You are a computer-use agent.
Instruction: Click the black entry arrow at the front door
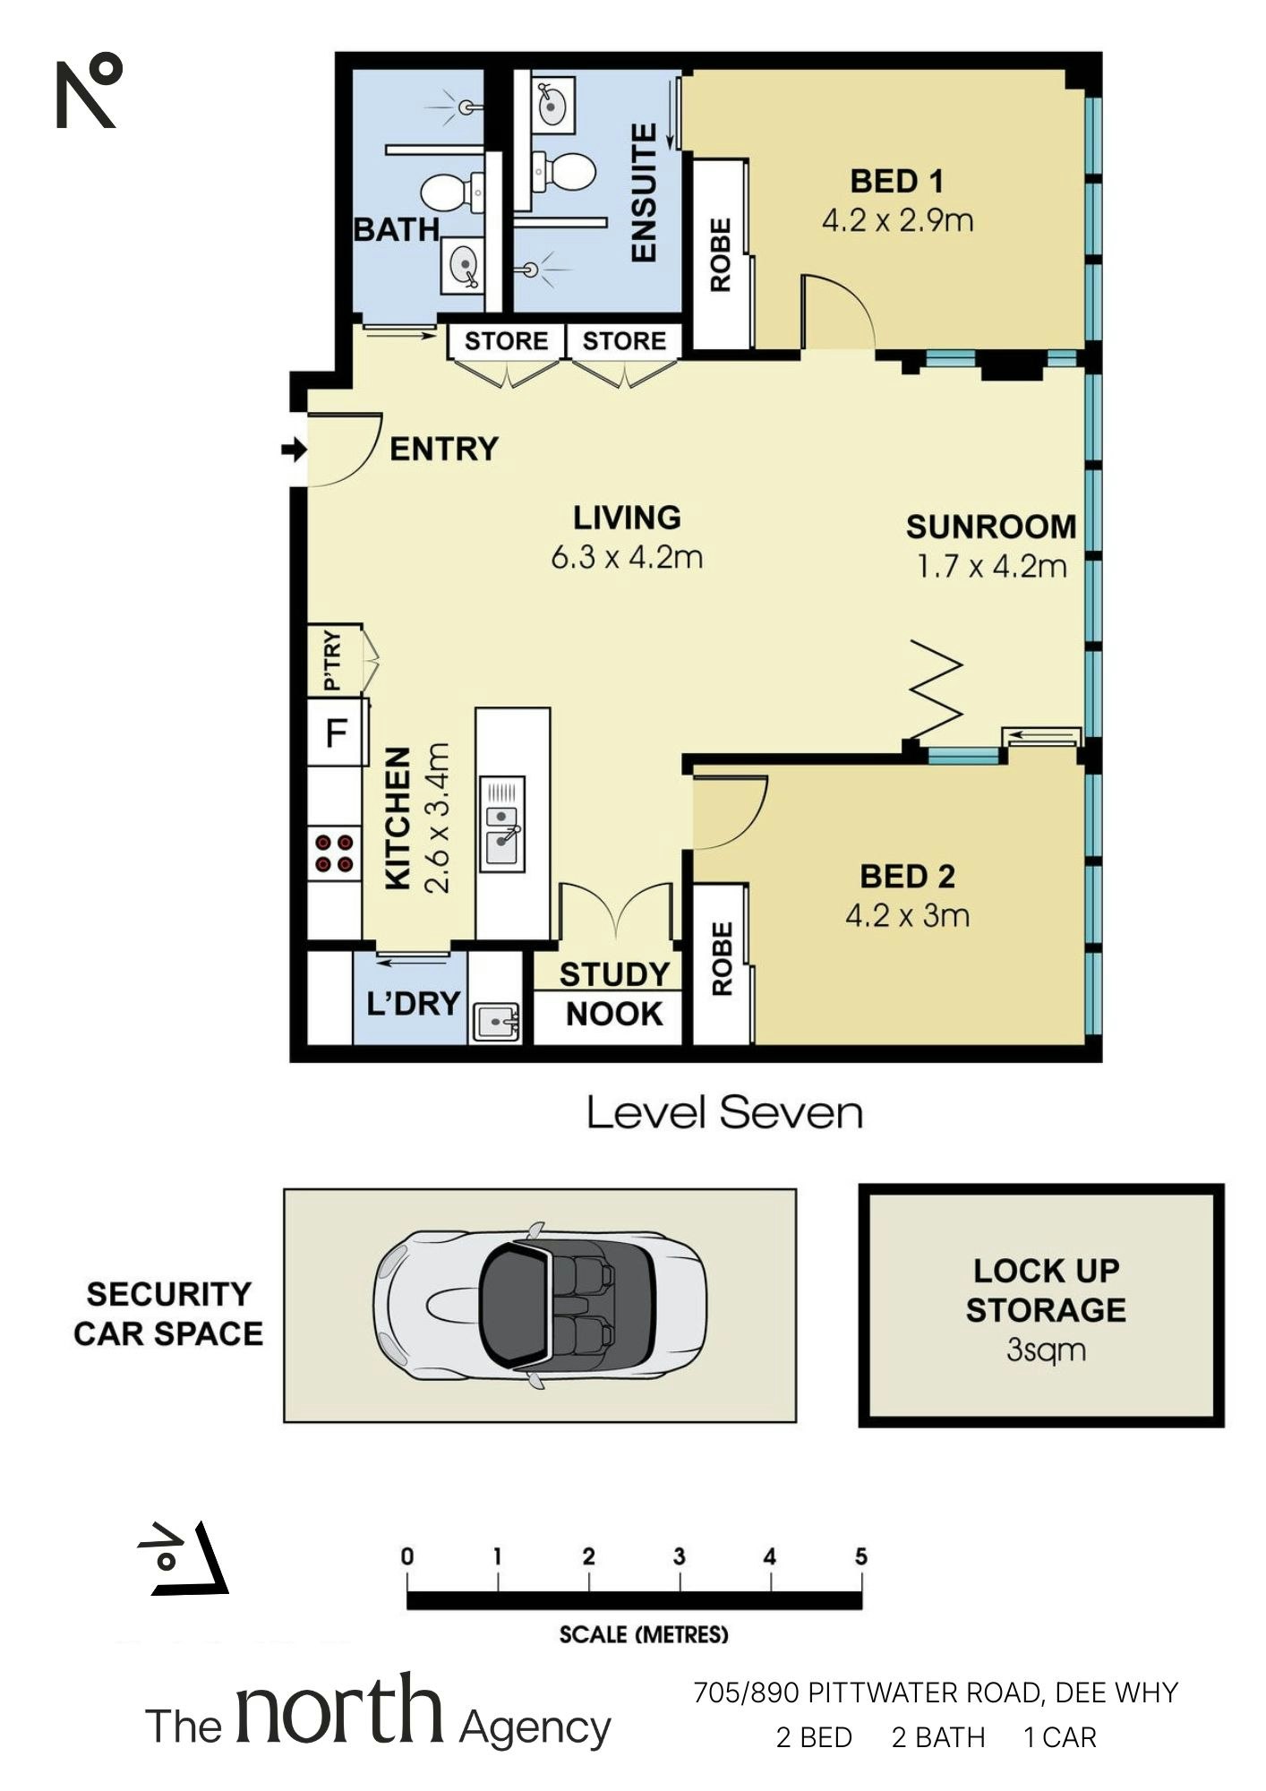pyautogui.click(x=294, y=450)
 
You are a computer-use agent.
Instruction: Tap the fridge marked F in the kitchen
pyautogui.click(x=337, y=733)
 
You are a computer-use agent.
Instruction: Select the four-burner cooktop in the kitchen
pyautogui.click(x=335, y=853)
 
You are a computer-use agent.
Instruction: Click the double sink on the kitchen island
pyautogui.click(x=502, y=824)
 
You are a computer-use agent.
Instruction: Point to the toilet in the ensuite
pyautogui.click(x=563, y=171)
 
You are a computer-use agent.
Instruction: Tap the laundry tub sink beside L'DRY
pyautogui.click(x=495, y=1022)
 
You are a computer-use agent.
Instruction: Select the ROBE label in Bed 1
pyautogui.click(x=721, y=254)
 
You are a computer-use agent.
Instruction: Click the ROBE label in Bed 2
pyautogui.click(x=722, y=959)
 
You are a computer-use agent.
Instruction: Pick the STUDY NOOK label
pyautogui.click(x=615, y=994)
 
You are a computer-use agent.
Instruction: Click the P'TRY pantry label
pyautogui.click(x=332, y=661)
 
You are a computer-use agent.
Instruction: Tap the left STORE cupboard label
pyautogui.click(x=506, y=341)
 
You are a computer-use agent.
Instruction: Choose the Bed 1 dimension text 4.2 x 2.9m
pyautogui.click(x=897, y=220)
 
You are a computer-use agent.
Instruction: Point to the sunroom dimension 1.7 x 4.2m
pyautogui.click(x=992, y=566)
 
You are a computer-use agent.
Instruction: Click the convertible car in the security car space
pyautogui.click(x=540, y=1305)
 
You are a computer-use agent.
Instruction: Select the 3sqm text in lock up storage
pyautogui.click(x=1046, y=1350)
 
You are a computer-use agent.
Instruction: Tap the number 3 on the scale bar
pyautogui.click(x=679, y=1556)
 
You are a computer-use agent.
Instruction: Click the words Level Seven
pyautogui.click(x=724, y=1112)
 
